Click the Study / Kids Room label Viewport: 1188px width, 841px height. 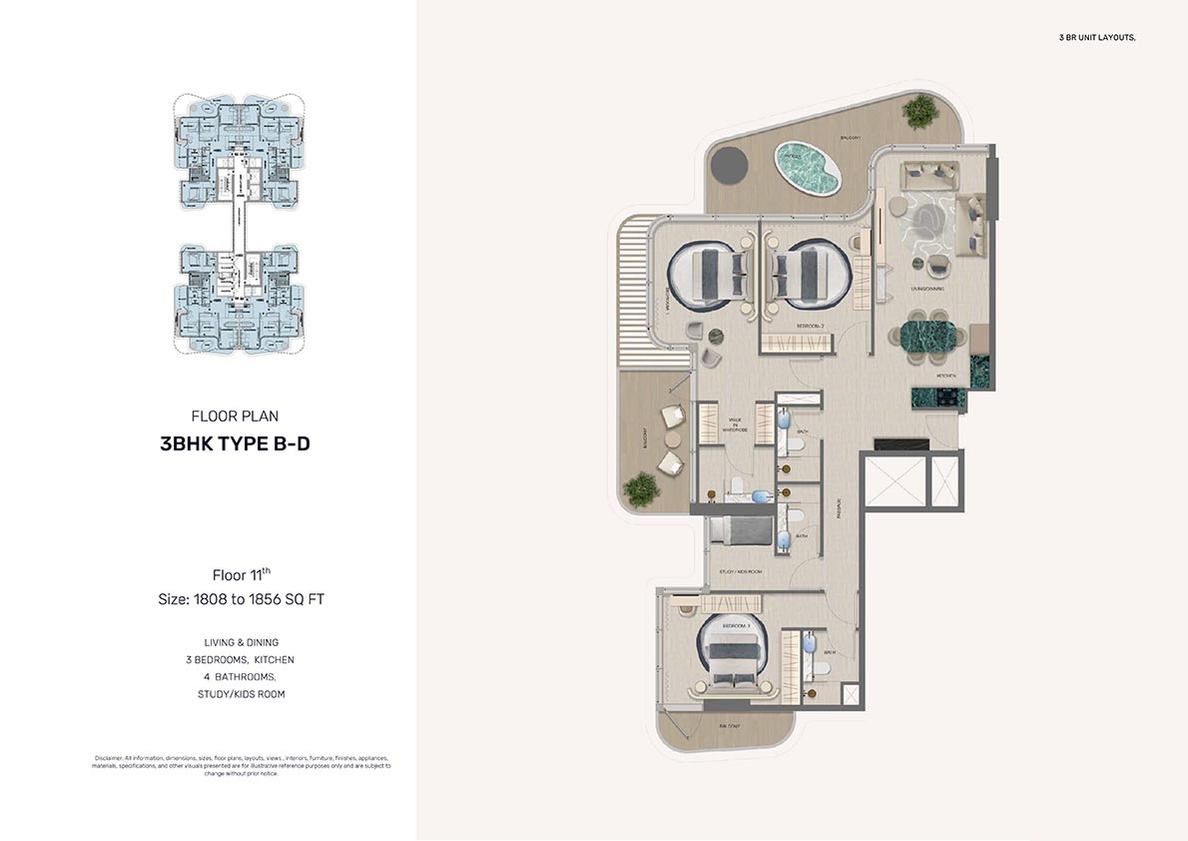click(740, 571)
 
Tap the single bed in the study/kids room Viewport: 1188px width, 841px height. click(740, 530)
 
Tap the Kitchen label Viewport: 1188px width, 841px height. click(947, 376)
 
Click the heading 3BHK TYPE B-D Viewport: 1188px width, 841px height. click(235, 444)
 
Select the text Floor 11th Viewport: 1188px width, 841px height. click(241, 574)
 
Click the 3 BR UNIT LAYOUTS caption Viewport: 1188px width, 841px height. click(1097, 37)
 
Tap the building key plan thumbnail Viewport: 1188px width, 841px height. click(240, 225)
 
